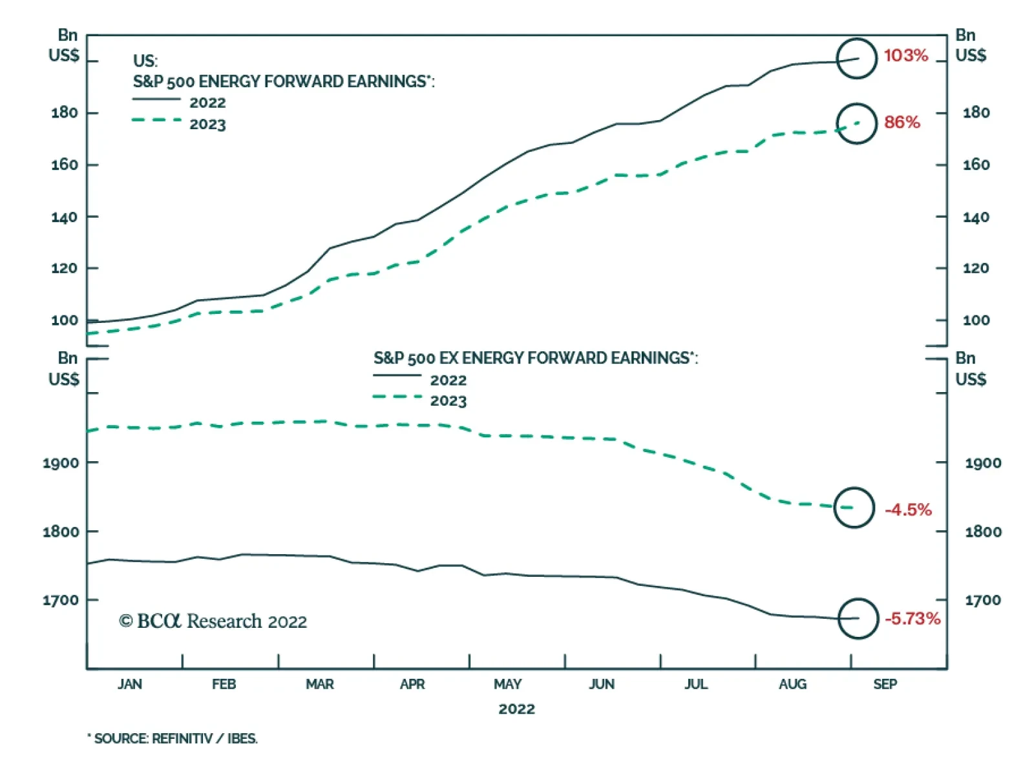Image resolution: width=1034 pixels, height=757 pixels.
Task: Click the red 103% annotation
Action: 905,56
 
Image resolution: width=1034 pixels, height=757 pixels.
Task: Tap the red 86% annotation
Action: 902,122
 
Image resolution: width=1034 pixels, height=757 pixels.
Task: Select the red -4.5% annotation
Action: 908,510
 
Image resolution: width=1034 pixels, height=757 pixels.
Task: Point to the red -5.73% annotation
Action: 912,619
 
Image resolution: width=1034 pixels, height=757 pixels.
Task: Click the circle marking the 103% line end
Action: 856,59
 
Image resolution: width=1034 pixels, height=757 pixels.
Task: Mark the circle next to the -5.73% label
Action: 858,619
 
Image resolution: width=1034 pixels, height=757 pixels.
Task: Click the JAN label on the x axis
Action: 130,684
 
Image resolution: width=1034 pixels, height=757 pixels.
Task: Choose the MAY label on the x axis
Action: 507,684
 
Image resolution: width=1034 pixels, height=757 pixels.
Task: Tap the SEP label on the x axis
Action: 885,684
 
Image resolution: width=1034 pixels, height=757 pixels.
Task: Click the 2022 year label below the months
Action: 516,709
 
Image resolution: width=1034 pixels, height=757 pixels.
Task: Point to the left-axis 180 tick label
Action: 65,113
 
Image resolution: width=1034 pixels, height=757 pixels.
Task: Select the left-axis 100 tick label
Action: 65,320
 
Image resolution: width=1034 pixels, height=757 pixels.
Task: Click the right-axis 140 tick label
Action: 976,218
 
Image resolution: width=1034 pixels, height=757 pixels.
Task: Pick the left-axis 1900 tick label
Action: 61,463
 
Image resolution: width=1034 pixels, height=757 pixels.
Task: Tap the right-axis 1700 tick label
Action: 983,601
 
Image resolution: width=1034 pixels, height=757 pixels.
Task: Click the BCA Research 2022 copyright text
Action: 213,621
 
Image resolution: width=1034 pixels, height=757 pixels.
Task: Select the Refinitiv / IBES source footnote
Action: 173,738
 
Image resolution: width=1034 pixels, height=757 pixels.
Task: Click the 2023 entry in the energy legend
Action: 207,125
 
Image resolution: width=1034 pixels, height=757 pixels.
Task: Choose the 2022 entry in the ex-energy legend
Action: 448,380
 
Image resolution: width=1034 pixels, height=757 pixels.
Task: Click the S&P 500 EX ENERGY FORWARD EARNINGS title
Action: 535,358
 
